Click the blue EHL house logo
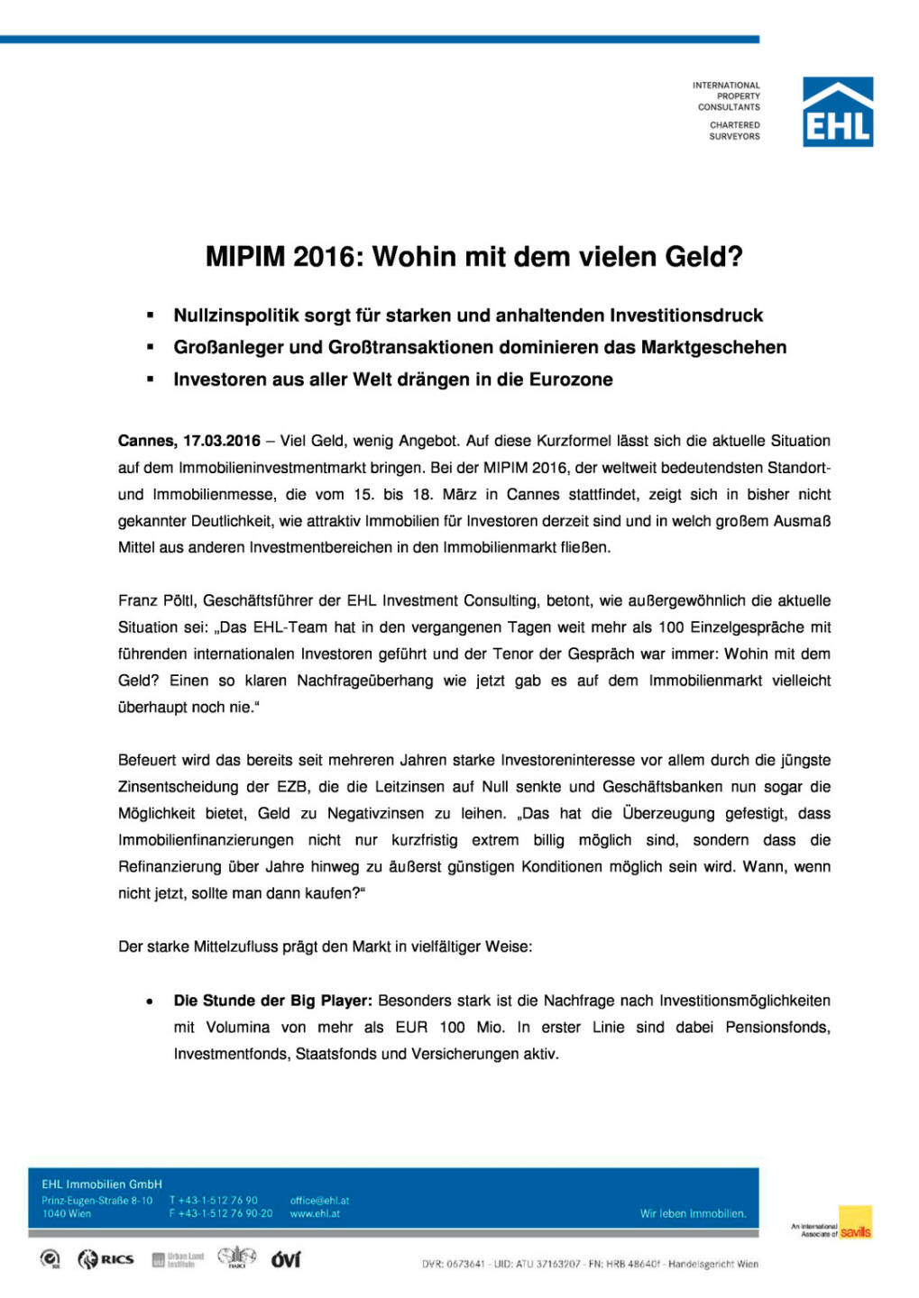(x=837, y=112)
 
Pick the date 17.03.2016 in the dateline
(x=222, y=441)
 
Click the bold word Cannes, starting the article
(x=148, y=441)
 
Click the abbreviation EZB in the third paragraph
(x=292, y=787)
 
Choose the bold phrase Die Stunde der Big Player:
(x=272, y=1001)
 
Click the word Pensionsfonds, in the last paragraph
(x=777, y=1028)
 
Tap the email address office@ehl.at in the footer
(x=319, y=1201)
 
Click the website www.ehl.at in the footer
(x=315, y=1214)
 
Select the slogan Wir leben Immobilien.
(x=693, y=1214)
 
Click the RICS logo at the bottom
(x=106, y=1259)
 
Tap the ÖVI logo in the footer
(x=286, y=1259)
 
